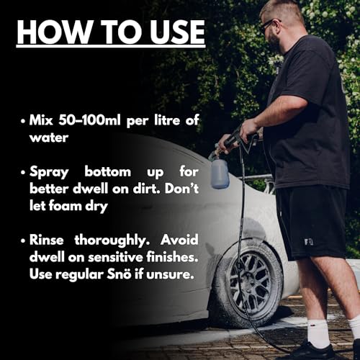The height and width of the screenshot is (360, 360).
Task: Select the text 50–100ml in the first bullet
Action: tap(89, 120)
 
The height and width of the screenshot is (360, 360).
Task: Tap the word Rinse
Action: tap(47, 240)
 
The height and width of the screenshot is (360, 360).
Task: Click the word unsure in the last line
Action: tap(170, 275)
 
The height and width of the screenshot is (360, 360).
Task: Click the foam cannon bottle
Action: tap(220, 174)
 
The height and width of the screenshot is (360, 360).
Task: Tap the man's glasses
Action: tap(269, 24)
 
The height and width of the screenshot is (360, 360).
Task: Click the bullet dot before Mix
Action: tap(23, 121)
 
